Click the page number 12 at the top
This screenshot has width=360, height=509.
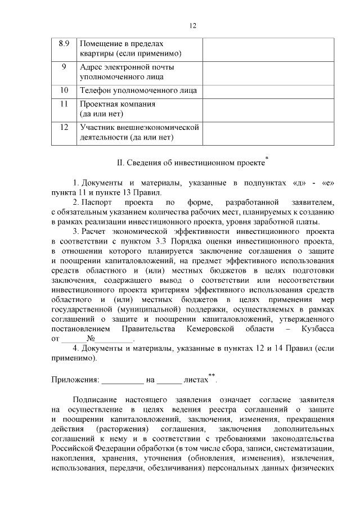coord(192,26)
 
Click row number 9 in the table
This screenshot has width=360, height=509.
coord(64,67)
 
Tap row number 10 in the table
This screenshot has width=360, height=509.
coord(64,90)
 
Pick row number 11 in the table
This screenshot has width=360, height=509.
coord(64,104)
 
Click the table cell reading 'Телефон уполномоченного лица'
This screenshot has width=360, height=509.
coord(138,90)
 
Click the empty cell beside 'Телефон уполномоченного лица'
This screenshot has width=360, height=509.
coord(268,90)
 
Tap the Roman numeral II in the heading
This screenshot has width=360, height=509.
coord(120,164)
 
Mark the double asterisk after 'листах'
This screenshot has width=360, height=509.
coord(211,376)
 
